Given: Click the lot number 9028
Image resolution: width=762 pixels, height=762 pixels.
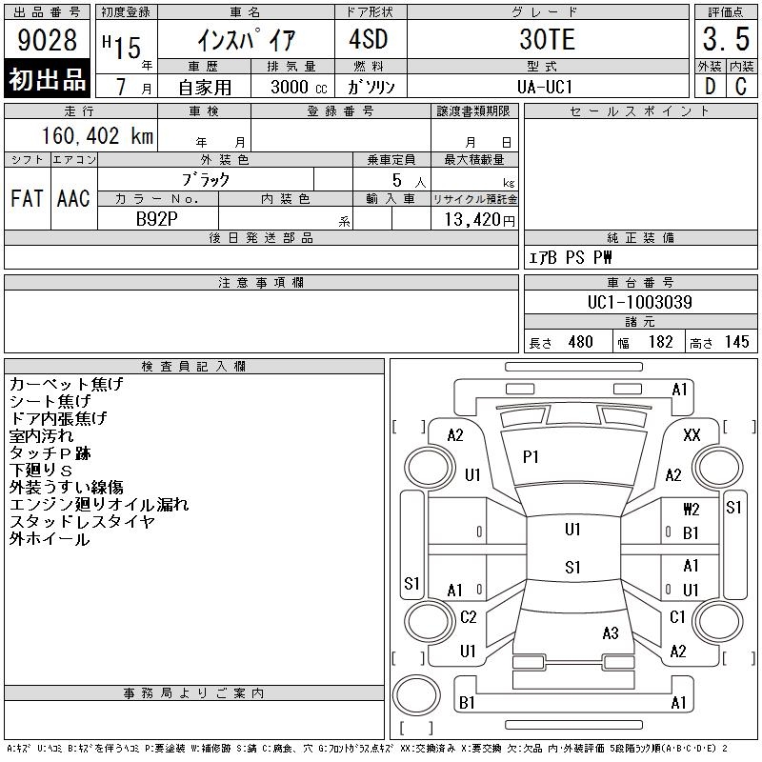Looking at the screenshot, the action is [x=47, y=40].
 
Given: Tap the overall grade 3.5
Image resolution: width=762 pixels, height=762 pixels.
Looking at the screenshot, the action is [x=726, y=39].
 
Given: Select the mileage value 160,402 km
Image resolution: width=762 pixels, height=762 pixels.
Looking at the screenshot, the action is [x=97, y=135].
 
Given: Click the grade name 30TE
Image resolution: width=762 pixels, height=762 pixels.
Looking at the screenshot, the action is [x=547, y=39].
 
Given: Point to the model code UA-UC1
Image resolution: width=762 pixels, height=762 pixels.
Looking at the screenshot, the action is [x=545, y=87].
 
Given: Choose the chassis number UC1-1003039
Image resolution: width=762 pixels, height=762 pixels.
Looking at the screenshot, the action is [x=639, y=302].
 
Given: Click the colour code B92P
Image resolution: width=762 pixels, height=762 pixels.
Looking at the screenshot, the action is [x=156, y=219].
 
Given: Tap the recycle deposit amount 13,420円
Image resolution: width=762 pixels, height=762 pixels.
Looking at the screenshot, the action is [x=479, y=220].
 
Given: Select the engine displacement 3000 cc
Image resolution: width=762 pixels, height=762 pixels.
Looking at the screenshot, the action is [x=299, y=87].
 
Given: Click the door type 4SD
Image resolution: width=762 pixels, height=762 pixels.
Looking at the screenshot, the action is [x=369, y=39].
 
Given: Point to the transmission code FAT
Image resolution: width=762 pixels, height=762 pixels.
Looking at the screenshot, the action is [x=27, y=198].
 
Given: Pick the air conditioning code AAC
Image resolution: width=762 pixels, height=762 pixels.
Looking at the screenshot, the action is [x=73, y=198].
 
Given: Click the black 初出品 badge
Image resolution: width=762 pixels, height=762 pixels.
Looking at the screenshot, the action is [x=47, y=78].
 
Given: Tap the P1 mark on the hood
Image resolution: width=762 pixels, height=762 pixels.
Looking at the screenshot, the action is [x=531, y=457].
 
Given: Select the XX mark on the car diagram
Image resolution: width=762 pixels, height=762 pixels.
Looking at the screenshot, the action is [x=692, y=435].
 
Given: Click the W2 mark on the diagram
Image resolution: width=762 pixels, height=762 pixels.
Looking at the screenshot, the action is [x=692, y=510].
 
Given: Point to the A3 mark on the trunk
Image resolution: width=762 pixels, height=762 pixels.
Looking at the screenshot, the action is [x=611, y=633].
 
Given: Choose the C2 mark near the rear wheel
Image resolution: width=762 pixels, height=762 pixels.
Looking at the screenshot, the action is [x=468, y=617].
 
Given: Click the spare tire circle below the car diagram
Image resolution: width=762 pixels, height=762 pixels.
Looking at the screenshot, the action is [x=416, y=695].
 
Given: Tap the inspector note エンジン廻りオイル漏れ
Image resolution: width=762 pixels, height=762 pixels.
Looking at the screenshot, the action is [x=99, y=505].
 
